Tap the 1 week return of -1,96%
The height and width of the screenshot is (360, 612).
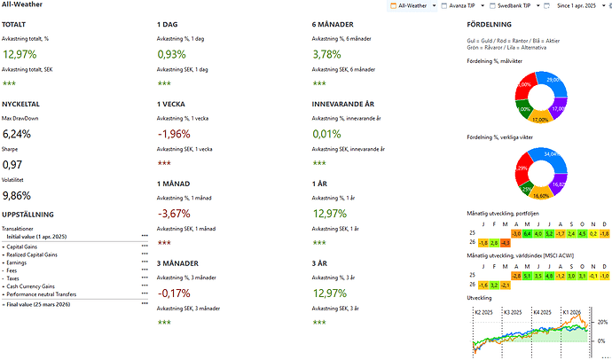click(173, 135)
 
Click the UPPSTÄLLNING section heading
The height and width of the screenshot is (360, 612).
click(34, 214)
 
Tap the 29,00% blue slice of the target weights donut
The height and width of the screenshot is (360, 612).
click(555, 81)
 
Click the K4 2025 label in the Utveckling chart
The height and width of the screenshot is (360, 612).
click(542, 312)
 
